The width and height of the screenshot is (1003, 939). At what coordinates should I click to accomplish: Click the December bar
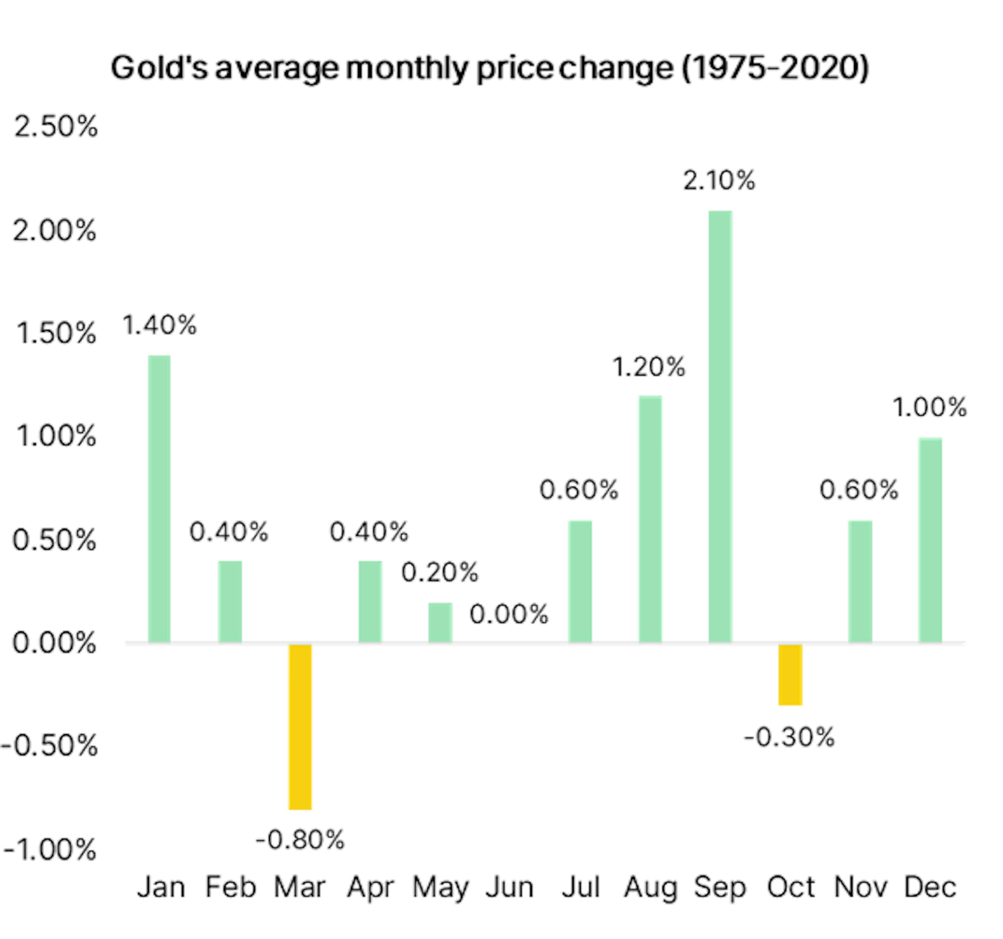(x=930, y=540)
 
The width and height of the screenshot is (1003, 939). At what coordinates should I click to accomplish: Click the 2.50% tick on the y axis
(x=55, y=126)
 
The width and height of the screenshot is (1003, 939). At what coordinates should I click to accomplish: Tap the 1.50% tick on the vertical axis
(x=55, y=333)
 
